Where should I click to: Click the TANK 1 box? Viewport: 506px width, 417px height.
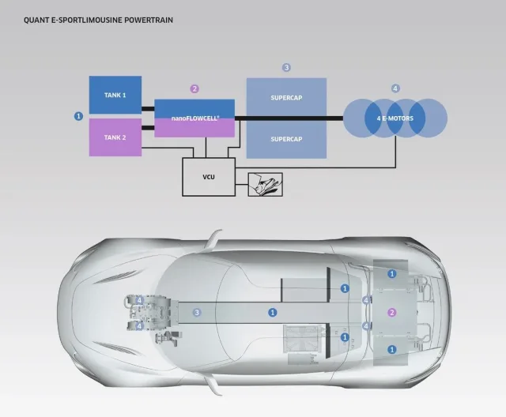[115, 95]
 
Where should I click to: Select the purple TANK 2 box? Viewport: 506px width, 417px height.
[115, 137]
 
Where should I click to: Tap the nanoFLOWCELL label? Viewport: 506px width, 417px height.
[195, 118]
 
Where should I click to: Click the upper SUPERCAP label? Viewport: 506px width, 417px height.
[286, 98]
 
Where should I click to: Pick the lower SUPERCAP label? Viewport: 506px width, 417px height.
[286, 139]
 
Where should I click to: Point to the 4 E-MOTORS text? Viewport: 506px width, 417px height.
[395, 118]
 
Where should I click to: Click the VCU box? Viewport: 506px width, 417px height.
[209, 177]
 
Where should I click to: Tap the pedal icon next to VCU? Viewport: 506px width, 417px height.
[266, 184]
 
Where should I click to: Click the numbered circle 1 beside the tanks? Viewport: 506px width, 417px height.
[78, 116]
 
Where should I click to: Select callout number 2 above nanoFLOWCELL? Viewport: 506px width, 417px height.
[194, 88]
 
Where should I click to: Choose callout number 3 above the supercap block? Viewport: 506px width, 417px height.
[286, 67]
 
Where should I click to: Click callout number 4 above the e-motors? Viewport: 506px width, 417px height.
[395, 88]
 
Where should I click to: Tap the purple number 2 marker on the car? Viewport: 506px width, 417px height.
[392, 312]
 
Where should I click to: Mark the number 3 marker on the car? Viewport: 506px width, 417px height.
[197, 312]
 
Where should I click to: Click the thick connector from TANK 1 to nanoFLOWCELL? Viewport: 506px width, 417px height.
[148, 109]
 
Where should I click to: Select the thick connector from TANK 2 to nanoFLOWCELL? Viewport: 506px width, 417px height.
[148, 128]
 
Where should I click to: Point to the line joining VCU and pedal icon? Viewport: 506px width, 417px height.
[241, 185]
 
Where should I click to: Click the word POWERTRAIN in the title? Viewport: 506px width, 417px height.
[149, 20]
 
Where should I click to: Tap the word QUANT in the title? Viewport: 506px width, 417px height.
[33, 20]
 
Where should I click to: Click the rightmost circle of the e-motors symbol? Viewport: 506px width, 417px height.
[429, 118]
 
